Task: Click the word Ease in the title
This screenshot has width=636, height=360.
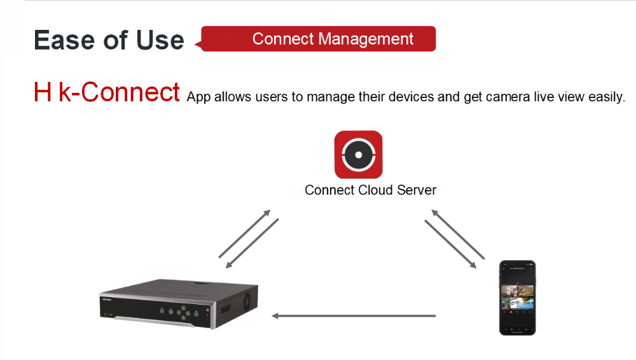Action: click(x=66, y=40)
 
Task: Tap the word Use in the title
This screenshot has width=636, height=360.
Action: click(x=160, y=40)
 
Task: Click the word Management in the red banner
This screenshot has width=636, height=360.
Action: click(x=366, y=39)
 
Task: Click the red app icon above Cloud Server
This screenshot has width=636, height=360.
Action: click(x=359, y=155)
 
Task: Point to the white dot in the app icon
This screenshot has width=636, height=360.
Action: click(x=359, y=155)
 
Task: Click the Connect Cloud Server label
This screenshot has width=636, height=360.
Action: click(x=370, y=190)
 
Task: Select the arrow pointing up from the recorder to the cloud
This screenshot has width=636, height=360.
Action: click(x=245, y=234)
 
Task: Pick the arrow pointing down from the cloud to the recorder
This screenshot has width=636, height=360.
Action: click(x=252, y=244)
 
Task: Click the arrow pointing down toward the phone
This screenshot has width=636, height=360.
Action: click(x=451, y=244)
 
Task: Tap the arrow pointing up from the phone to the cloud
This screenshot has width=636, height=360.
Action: click(x=458, y=234)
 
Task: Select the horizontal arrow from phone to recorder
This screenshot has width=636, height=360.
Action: click(x=354, y=315)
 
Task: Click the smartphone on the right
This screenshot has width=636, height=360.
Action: click(x=518, y=298)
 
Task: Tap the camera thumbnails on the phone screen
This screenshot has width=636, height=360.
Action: click(x=518, y=297)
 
